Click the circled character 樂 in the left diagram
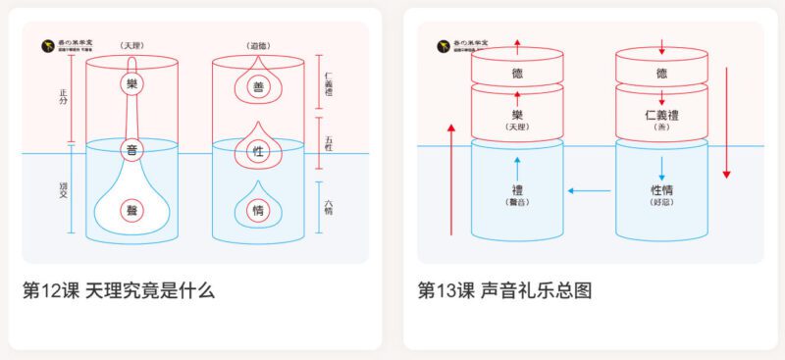click(132, 84)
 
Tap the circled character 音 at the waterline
click(132, 150)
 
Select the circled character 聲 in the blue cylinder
click(132, 210)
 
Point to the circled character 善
click(258, 86)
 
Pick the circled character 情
click(258, 209)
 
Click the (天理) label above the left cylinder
click(132, 45)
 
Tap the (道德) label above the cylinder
click(258, 45)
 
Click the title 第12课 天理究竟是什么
click(118, 290)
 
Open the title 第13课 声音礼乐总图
click(504, 290)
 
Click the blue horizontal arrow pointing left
click(588, 190)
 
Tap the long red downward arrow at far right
click(727, 123)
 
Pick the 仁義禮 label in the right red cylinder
click(662, 116)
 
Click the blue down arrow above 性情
click(662, 165)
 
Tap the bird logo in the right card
click(443, 45)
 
